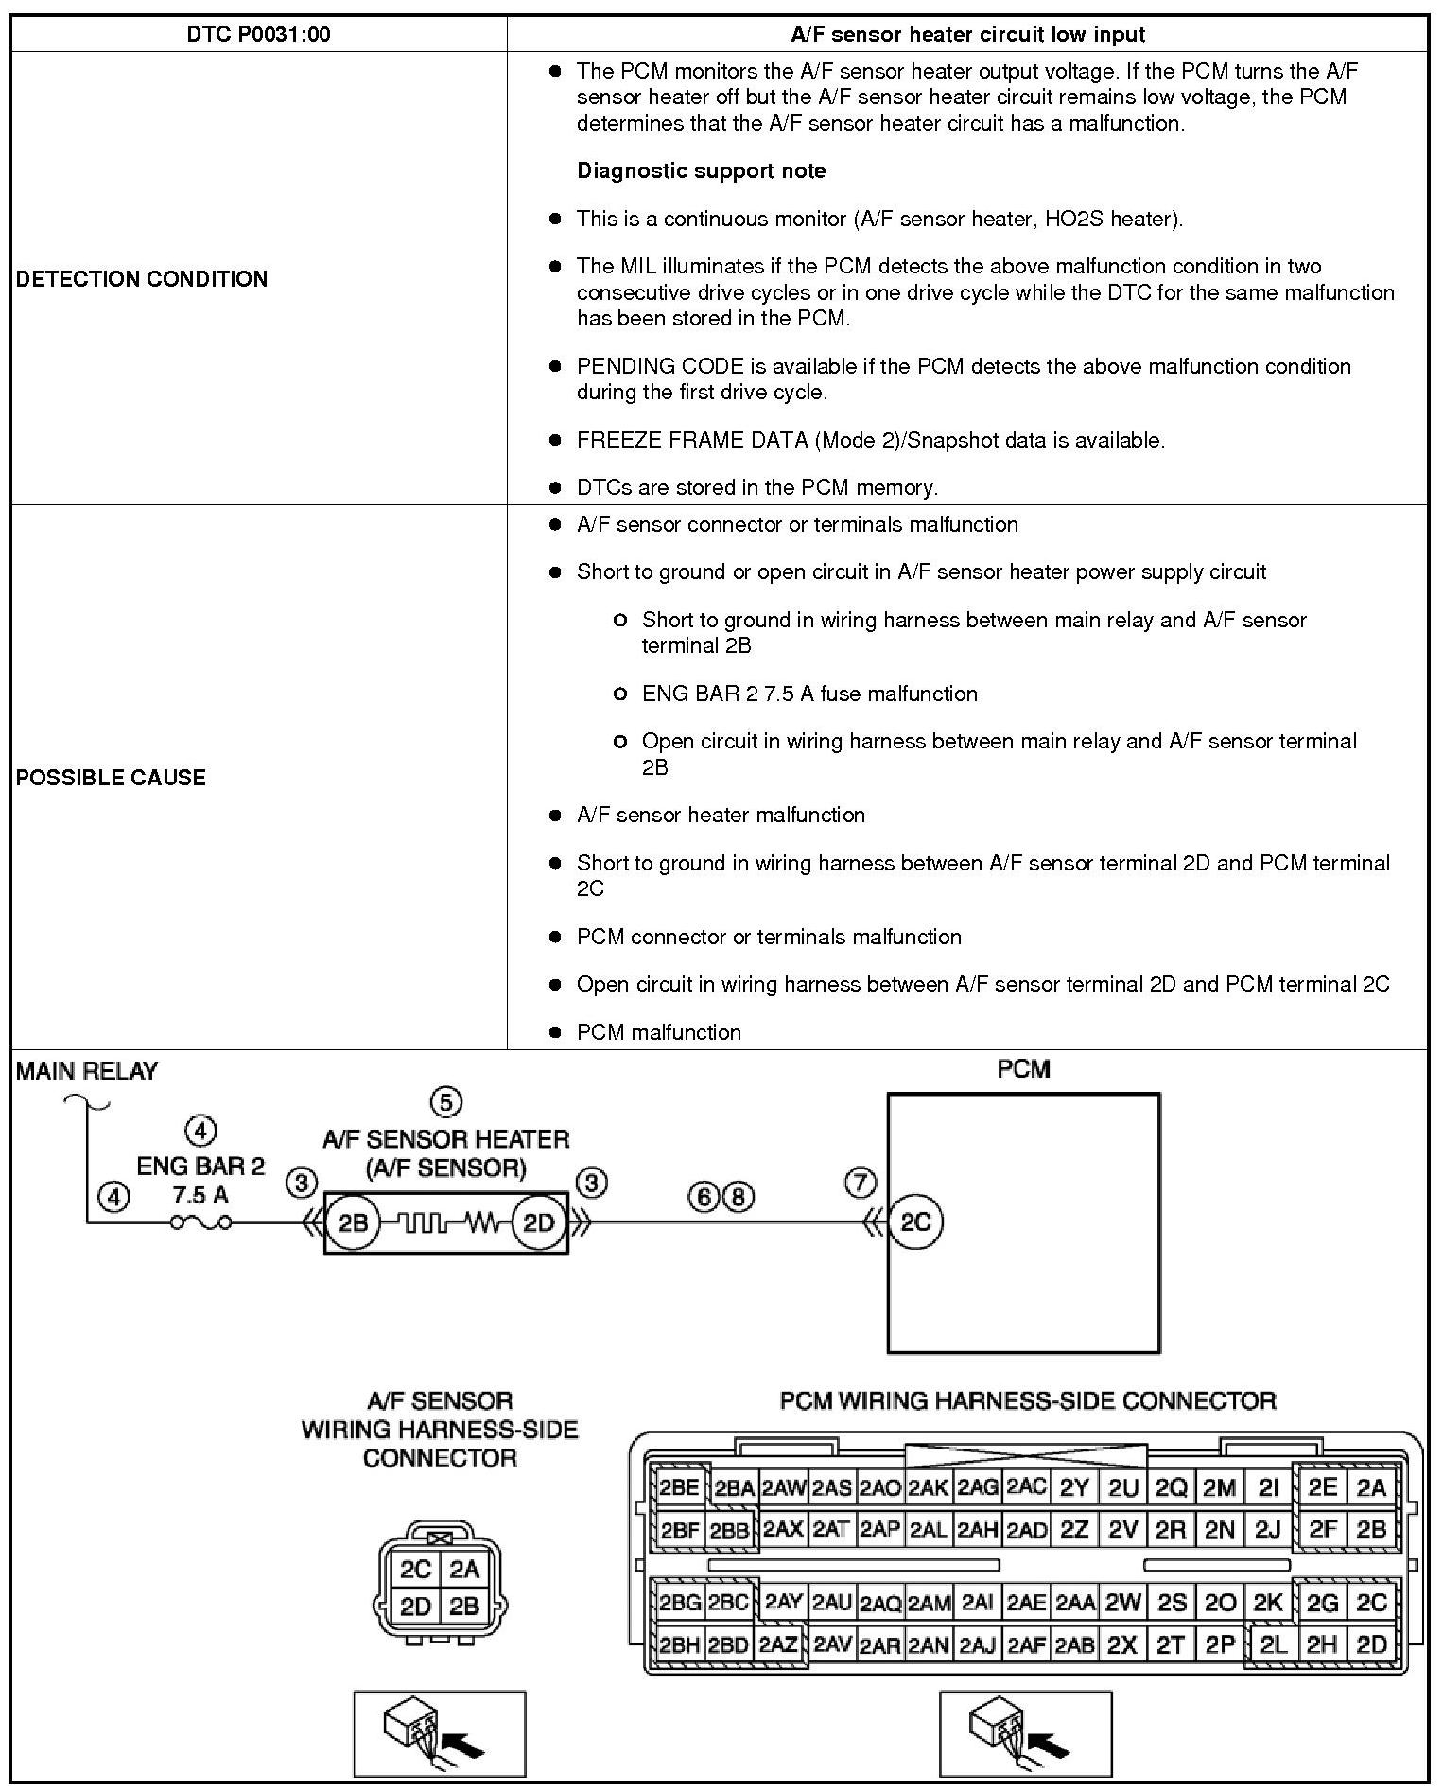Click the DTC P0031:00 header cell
(x=258, y=35)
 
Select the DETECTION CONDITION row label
(x=142, y=279)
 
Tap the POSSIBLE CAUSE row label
(x=111, y=778)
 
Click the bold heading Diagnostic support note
(x=701, y=171)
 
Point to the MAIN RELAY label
(x=87, y=1071)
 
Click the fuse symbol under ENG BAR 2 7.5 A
(x=200, y=1222)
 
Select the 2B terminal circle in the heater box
(x=353, y=1222)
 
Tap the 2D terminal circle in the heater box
(x=538, y=1222)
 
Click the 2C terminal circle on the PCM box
(x=915, y=1222)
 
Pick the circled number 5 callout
(x=446, y=1102)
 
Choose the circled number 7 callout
(x=860, y=1183)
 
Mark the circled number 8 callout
(x=739, y=1198)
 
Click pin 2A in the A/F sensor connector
(x=464, y=1570)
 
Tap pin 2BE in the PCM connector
(x=679, y=1488)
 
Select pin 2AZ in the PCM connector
(x=779, y=1644)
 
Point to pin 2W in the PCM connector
(x=1123, y=1603)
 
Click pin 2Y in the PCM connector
(x=1074, y=1488)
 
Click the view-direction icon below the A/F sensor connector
(x=439, y=1734)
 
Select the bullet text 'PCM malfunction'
(x=659, y=1032)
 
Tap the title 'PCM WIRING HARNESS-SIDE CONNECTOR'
(x=1028, y=1400)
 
